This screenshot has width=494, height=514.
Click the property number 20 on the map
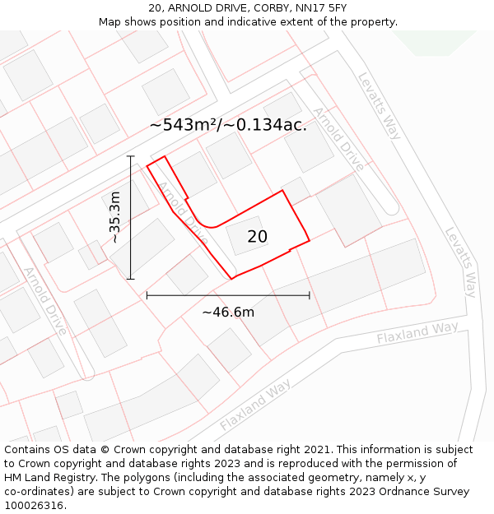point(258,237)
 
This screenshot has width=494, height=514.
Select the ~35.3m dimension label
point(115,217)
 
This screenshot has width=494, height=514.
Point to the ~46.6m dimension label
point(228,312)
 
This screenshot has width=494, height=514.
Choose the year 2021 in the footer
point(314,450)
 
